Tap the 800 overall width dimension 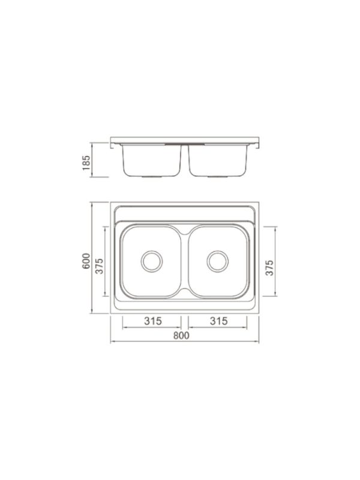pos(181,336)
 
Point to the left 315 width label pos(153,321)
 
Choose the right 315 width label pos(219,321)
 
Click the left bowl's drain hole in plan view pos(151,261)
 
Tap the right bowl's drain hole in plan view pos(217,261)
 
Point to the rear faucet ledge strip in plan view pos(185,214)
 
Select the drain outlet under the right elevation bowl pos(217,178)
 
